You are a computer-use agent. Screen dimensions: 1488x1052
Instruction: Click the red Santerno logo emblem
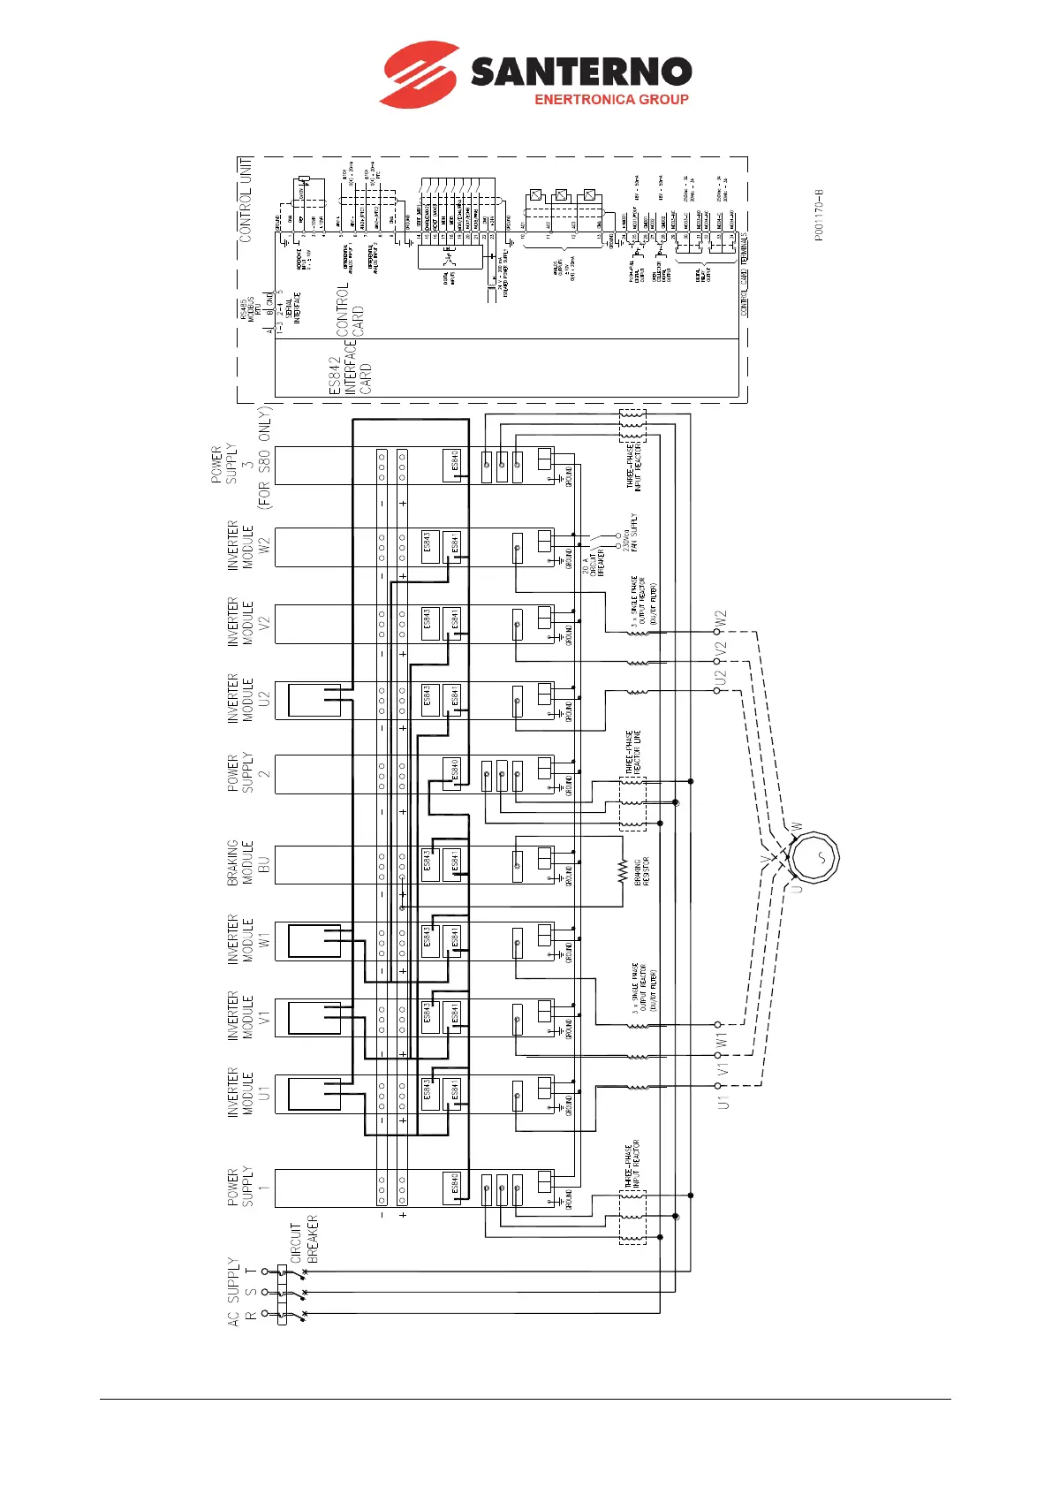419,73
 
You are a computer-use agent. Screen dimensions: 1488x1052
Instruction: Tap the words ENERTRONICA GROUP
611,100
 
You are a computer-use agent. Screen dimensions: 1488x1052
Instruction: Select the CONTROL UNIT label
246,200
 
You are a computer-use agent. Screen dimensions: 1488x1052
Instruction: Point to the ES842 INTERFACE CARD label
350,375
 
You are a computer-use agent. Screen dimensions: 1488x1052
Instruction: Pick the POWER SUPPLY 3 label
239,464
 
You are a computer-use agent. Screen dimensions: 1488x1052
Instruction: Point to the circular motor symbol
814,856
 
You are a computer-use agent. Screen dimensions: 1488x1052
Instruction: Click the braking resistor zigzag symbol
623,871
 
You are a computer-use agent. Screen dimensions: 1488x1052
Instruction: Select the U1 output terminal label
723,1102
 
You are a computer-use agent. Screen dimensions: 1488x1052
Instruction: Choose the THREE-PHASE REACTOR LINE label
632,754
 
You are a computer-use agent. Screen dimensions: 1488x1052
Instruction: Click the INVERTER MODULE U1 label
240,1093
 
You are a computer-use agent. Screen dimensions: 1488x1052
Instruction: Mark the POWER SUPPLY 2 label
240,773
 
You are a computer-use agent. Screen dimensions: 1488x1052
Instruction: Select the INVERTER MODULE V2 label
240,621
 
